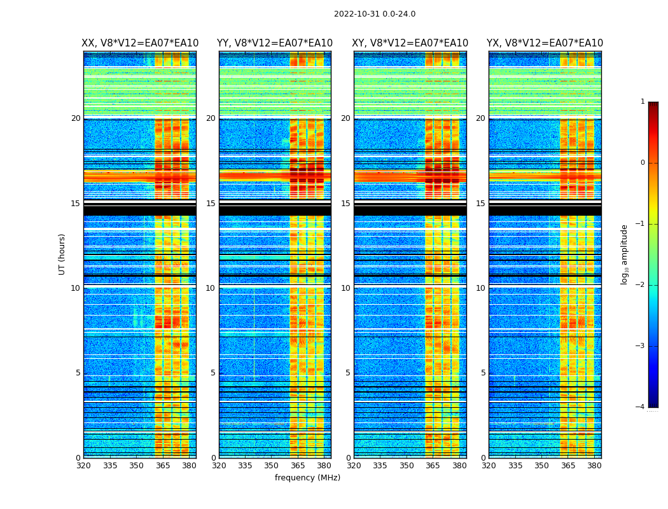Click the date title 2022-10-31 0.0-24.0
(374, 14)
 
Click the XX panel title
(140, 43)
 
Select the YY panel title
(275, 43)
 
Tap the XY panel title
(410, 43)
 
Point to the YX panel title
(545, 43)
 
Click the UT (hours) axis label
(62, 254)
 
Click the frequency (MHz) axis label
(307, 478)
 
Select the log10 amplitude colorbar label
(625, 254)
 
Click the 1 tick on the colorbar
(643, 102)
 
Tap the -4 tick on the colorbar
(641, 407)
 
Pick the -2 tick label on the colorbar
(641, 285)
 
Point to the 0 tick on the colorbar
(643, 163)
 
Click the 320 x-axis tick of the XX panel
(83, 466)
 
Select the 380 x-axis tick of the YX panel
(594, 466)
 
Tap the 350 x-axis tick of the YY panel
(272, 466)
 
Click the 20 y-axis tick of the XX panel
(76, 118)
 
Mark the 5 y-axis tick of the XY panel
(348, 373)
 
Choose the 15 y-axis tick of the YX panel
(481, 204)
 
